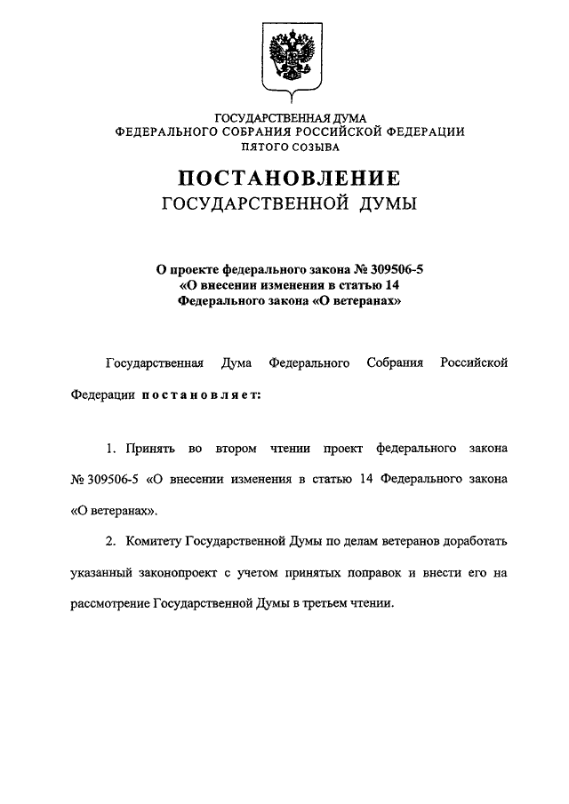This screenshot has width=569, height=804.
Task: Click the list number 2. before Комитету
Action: coord(111,540)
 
